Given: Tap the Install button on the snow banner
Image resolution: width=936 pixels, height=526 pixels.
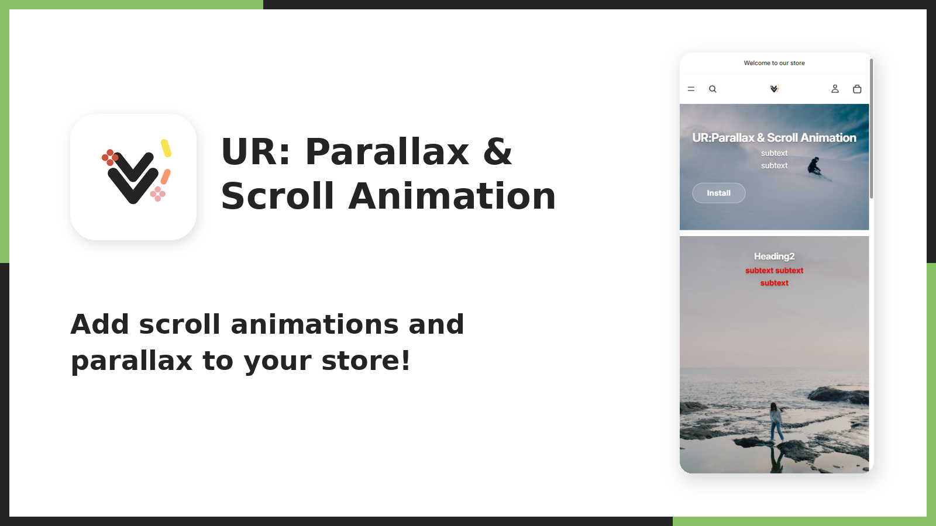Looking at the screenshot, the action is coord(719,193).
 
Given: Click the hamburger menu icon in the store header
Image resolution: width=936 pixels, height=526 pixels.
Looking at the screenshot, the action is coord(691,89).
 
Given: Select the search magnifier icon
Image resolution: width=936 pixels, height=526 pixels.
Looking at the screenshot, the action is coord(713,89).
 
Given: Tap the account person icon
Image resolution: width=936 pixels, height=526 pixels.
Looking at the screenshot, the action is coord(835,88).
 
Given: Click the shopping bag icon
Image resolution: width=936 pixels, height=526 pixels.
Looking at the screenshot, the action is coord(857,89).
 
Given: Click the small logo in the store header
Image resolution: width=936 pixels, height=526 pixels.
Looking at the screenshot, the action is coord(775,88).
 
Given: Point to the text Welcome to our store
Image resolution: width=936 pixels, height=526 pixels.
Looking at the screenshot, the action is coord(775,63).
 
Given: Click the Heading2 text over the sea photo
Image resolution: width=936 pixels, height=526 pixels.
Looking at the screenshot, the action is coord(775,257).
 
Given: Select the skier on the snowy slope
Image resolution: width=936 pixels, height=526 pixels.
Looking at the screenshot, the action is coord(815,167).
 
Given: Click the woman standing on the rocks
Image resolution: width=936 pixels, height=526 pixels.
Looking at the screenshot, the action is coord(776,421).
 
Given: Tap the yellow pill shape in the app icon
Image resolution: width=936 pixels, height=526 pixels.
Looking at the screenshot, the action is coord(166,148).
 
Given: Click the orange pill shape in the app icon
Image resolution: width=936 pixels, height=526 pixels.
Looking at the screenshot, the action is coord(166,177).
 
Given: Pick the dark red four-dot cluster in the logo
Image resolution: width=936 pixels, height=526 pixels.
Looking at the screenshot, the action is coord(110,157).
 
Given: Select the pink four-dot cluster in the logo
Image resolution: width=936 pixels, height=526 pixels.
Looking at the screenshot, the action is coord(157,193).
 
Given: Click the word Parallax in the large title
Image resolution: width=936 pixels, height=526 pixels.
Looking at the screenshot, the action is coord(388,151).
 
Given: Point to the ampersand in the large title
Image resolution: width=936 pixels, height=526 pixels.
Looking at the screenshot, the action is coord(497,151).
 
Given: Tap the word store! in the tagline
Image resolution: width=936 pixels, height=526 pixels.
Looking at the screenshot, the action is coord(366,360).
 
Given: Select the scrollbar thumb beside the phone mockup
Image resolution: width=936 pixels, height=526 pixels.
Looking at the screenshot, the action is coord(871,129).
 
